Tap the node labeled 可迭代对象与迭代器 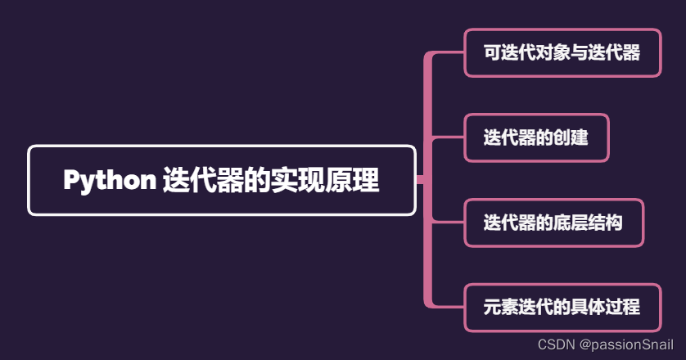coord(562,53)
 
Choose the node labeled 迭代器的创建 coord(536,137)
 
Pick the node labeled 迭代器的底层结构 coord(553,223)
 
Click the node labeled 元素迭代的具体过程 coord(562,308)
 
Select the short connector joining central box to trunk coord(419,180)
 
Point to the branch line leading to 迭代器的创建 coord(447,137)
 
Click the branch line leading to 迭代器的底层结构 coord(447,223)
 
